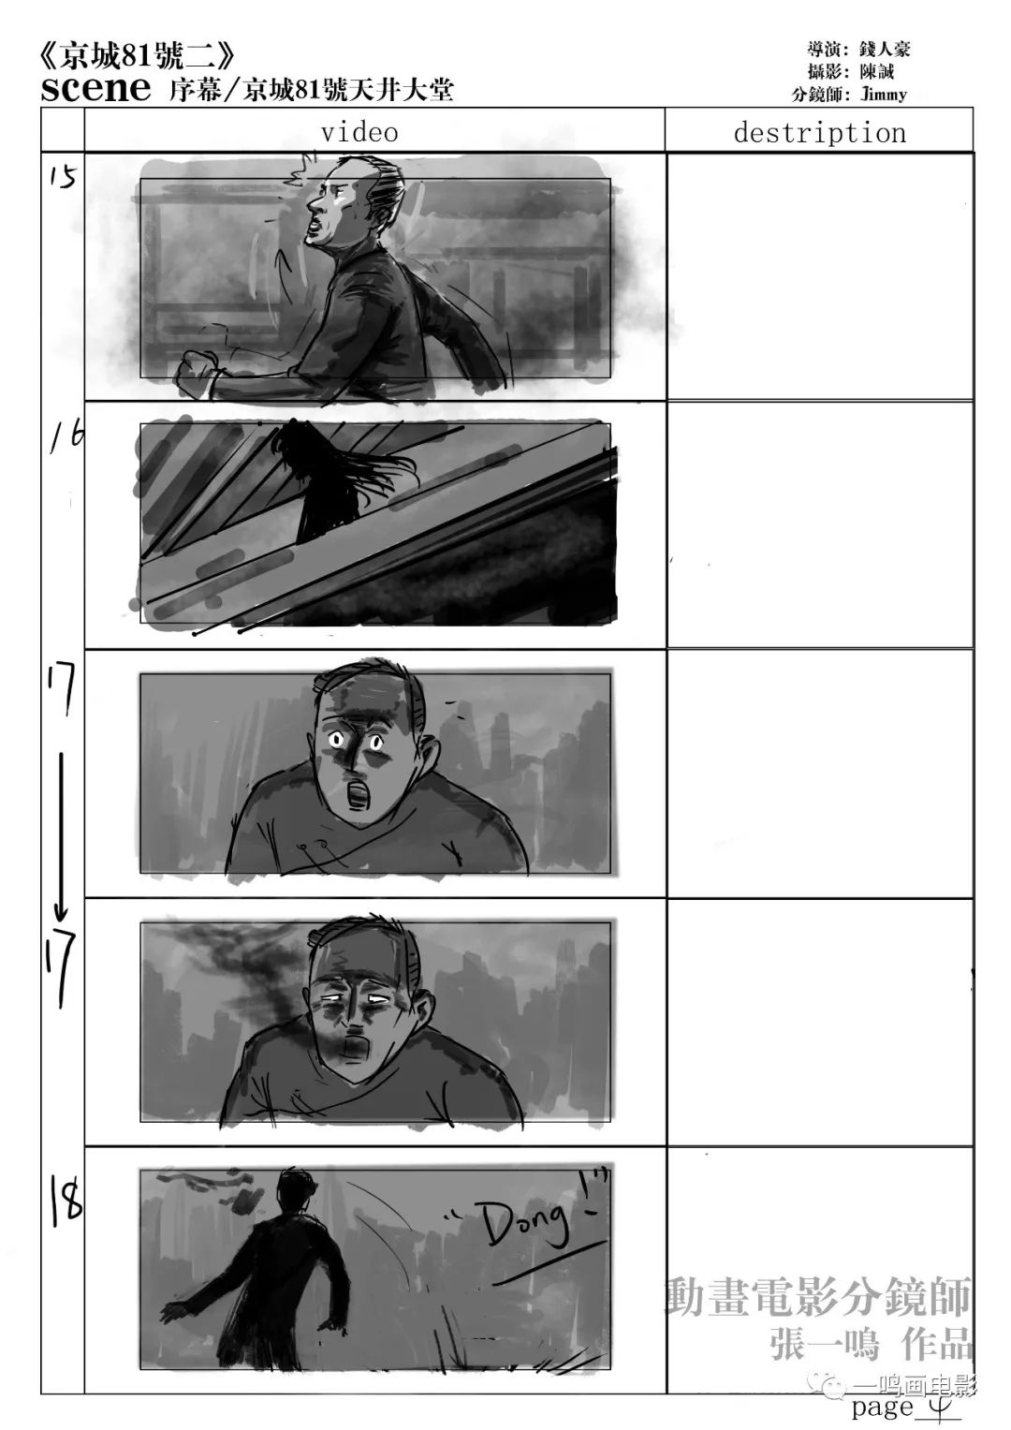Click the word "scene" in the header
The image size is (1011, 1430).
tap(95, 88)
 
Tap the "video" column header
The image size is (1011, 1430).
tap(359, 132)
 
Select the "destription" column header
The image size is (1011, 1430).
tap(819, 132)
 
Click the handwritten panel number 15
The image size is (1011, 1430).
tap(64, 177)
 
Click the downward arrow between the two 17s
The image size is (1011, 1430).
tap(61, 837)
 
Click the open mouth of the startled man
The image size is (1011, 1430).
tap(354, 795)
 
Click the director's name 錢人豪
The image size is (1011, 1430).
tap(885, 49)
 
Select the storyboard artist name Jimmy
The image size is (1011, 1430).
tap(884, 95)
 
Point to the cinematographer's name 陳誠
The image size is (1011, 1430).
tap(877, 71)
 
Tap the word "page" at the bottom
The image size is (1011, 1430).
tap(883, 1406)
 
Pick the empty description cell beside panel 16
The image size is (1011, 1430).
tap(819, 524)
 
